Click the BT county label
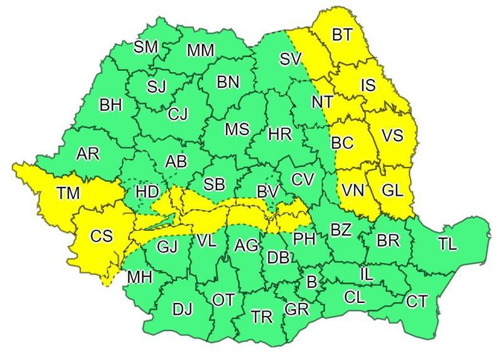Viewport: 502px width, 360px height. point(342,36)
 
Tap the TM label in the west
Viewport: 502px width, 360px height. point(67,193)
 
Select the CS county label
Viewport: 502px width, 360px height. point(101,236)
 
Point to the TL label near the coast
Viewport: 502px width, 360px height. point(447,245)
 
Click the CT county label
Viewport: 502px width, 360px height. point(417,302)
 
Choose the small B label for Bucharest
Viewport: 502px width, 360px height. point(311,282)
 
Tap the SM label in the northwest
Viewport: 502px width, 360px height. point(147,47)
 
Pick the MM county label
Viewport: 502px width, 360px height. point(200,50)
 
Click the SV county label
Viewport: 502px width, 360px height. point(291,60)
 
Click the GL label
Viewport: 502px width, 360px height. point(392,191)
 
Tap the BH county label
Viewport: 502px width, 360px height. point(110,105)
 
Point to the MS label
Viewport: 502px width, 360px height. point(237,129)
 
